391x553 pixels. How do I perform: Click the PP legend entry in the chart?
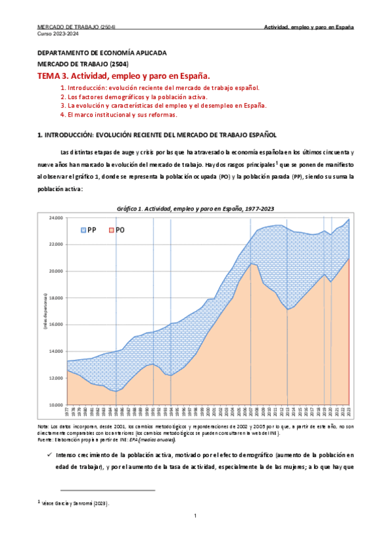(89, 230)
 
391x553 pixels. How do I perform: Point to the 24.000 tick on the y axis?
(56, 217)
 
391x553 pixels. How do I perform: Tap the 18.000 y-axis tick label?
(56, 297)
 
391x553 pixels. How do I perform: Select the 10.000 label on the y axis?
(56, 404)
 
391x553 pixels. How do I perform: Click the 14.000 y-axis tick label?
(56, 351)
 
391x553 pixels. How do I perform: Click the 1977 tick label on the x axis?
(67, 411)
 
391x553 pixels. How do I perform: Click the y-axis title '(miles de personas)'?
(45, 311)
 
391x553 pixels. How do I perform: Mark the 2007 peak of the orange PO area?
(251, 263)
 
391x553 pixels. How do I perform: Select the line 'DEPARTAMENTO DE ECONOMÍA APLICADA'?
(101, 52)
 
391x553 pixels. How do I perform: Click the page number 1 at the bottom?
(195, 535)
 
